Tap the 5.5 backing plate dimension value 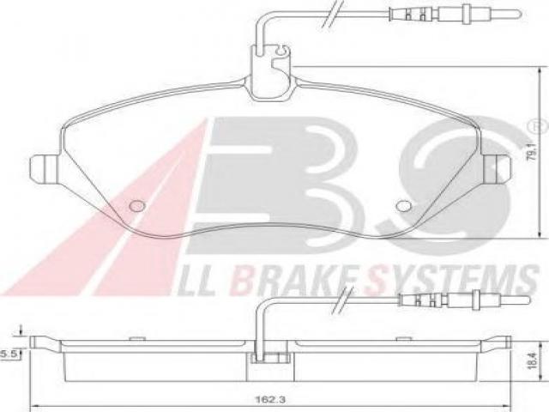[x=9, y=354]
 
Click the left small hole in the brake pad [x=137, y=206]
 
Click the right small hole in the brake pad [x=404, y=206]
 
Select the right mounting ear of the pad [x=497, y=169]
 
